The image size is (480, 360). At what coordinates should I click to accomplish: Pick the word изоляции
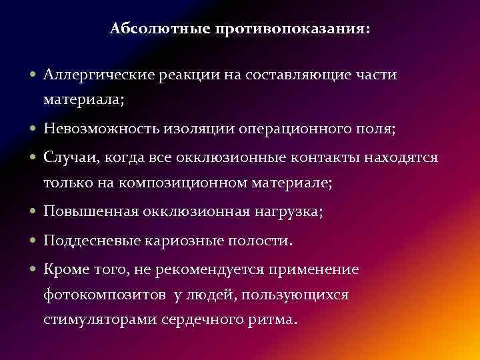[198, 129]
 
